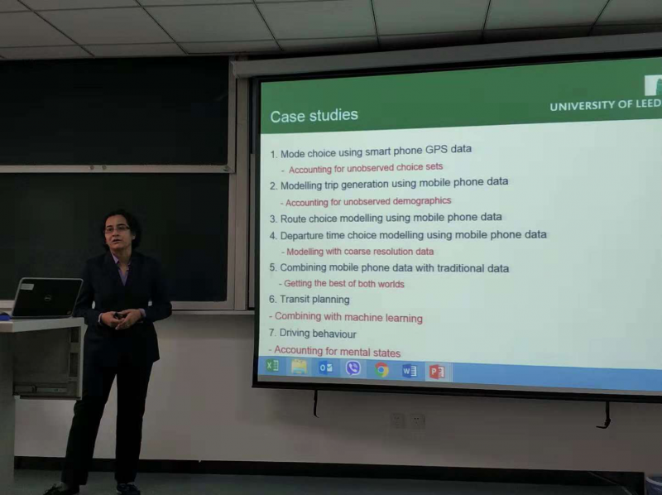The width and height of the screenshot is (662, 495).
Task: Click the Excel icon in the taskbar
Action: coord(272,365)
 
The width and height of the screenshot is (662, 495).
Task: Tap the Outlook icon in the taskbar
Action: coord(325,368)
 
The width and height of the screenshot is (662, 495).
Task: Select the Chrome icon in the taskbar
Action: coord(381,370)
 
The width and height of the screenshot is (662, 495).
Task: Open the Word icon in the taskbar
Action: coord(409,371)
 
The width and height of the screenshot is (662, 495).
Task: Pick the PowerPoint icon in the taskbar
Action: coord(437,372)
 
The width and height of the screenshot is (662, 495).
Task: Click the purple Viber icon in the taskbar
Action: coord(353,368)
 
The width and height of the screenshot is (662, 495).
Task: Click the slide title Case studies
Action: coord(314,116)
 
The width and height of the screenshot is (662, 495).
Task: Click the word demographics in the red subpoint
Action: coord(422,200)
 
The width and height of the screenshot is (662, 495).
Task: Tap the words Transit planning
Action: coord(314,300)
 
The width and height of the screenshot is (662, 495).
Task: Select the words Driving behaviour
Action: coord(318,334)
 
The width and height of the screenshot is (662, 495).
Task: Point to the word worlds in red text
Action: coord(391,284)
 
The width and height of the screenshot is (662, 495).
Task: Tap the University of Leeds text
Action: coord(606,105)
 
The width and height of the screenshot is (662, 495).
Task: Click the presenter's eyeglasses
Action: coord(117,228)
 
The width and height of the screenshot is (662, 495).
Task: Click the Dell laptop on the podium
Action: coord(46,297)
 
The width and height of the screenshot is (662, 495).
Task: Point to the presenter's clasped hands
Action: coord(121,318)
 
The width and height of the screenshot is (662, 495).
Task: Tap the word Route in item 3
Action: coord(294,219)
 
